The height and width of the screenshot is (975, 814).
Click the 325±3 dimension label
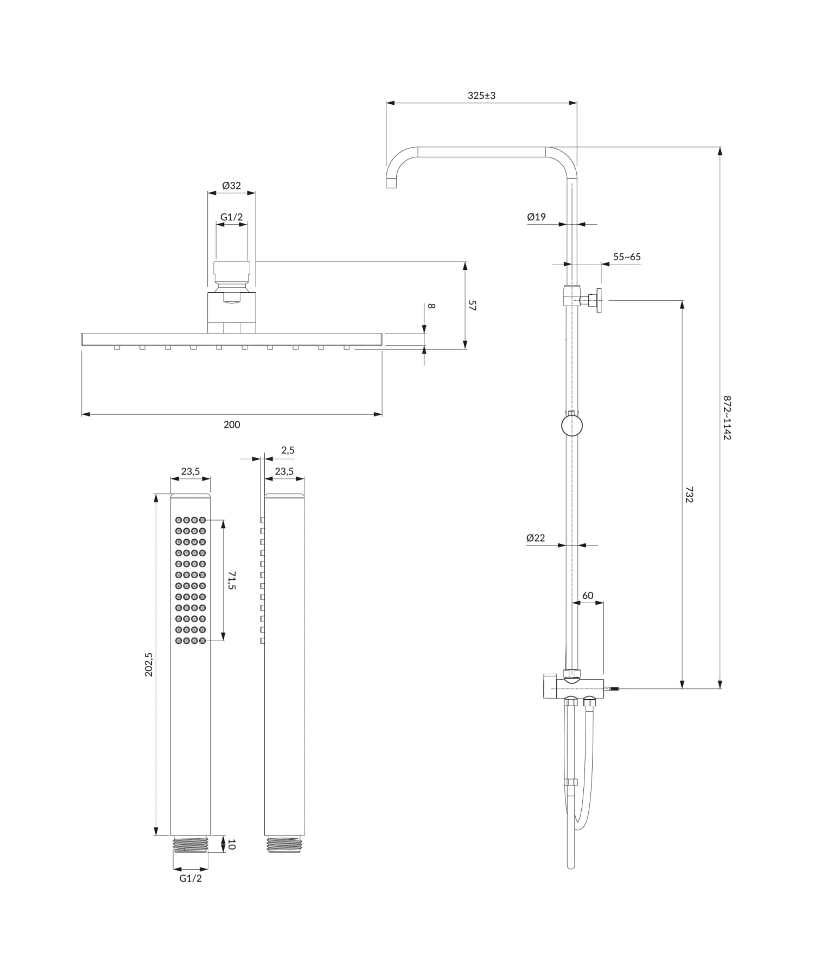pos(481,96)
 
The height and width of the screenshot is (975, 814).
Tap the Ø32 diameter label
pos(231,186)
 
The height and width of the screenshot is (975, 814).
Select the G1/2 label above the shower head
pos(231,217)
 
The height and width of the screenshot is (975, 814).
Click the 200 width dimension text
pos(232,425)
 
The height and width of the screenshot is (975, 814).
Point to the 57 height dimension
pos(472,305)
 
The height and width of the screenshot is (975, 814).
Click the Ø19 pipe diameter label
pos(536,217)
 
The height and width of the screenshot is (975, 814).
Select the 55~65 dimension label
pos(627,257)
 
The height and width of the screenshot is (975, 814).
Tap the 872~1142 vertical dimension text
pos(727,417)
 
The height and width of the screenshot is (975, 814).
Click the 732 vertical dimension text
pos(689,495)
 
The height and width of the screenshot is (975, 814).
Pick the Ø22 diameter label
pos(536,538)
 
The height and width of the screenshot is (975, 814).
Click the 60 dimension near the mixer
pos(588,596)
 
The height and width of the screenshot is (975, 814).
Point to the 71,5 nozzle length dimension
pos(231,580)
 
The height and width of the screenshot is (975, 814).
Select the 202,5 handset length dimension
pos(149,664)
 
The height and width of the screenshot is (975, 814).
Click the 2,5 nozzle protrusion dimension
pos(288,450)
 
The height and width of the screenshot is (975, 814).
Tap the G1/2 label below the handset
pos(190,878)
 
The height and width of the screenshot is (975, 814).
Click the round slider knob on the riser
pos(571,425)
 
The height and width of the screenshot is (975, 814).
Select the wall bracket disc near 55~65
pos(599,300)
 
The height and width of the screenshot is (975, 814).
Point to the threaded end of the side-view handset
pos(284,844)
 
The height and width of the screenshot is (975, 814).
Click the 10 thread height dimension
pos(232,844)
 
